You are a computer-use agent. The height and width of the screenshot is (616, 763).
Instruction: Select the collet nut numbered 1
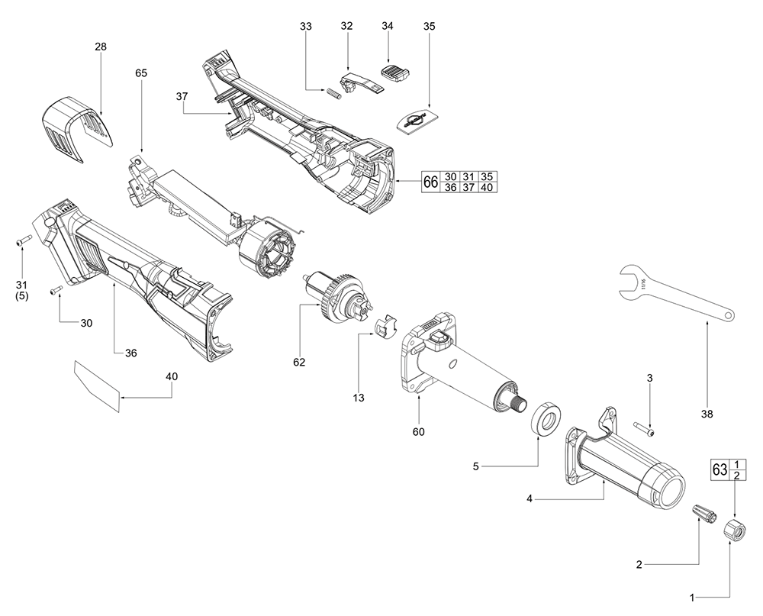tap(734, 527)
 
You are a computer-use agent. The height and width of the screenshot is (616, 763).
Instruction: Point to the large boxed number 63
tap(720, 469)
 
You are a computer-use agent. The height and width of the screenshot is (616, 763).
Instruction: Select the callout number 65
tap(141, 73)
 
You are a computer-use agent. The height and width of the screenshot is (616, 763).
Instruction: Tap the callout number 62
tap(298, 362)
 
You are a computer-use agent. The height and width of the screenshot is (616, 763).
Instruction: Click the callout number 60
tap(418, 431)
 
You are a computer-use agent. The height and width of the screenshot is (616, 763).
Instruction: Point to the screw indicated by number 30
tap(55, 290)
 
